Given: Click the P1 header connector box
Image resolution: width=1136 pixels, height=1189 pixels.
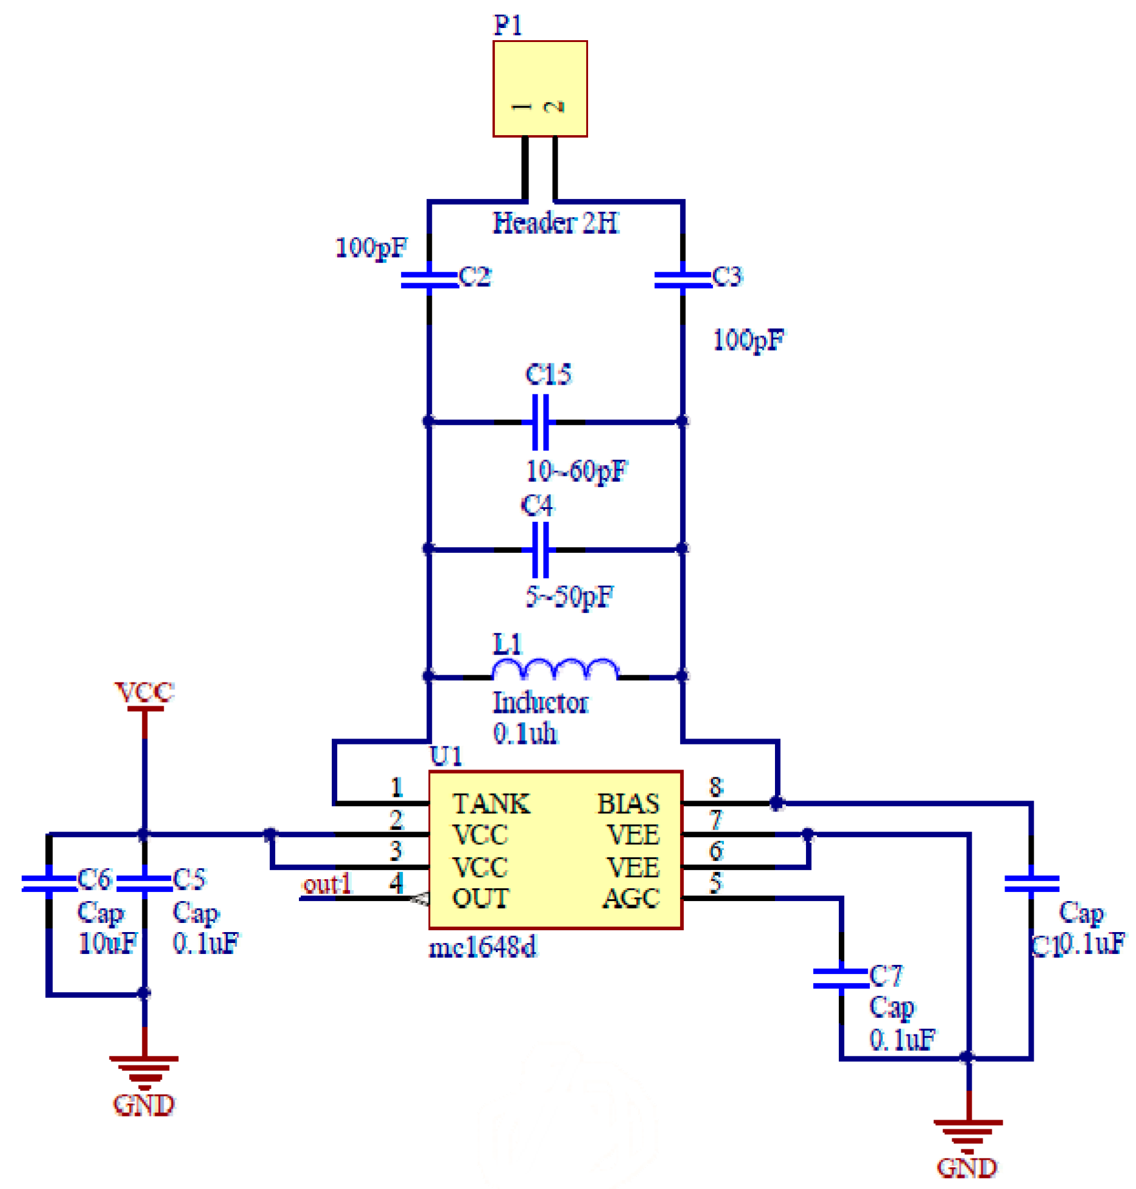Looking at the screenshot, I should (539, 89).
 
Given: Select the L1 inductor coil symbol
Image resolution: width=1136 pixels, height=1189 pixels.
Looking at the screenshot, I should (555, 670).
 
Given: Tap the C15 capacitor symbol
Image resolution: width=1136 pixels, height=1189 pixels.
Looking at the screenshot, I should (540, 422).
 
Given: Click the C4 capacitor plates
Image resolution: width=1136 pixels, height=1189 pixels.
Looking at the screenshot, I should (540, 549).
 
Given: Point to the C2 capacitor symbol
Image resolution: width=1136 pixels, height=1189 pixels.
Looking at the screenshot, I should (429, 279).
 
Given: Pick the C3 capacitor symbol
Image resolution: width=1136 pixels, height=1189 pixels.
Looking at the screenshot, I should (682, 279).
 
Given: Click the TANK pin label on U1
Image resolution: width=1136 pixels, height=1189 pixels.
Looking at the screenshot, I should (491, 804).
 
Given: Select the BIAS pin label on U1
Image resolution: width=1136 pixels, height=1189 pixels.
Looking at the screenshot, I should (628, 804).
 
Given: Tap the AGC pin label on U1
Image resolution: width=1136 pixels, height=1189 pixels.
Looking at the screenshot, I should (631, 898).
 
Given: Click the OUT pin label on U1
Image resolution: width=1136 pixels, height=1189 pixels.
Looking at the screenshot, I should (480, 898).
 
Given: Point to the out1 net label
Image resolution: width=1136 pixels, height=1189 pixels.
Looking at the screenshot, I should (328, 884).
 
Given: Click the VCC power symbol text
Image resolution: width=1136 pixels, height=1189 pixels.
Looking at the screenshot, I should (144, 692).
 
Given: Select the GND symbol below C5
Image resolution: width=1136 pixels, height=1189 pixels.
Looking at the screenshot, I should (144, 1074).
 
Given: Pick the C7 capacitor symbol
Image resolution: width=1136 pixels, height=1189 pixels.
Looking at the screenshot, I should (841, 978).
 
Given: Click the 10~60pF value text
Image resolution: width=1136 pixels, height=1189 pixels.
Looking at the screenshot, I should (576, 471).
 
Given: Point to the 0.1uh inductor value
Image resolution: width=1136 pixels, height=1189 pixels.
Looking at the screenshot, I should (525, 733).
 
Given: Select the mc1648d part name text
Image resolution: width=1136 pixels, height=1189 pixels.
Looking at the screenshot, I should (483, 947).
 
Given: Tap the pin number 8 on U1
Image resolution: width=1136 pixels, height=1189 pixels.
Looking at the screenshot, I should (716, 787).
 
